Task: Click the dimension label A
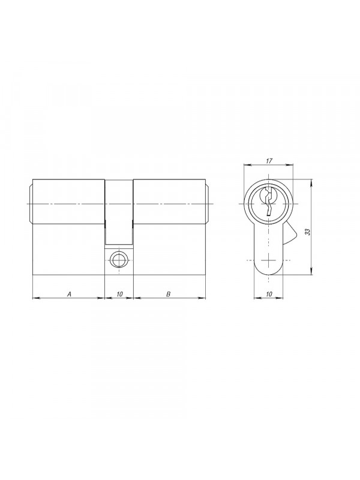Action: [x=69, y=294]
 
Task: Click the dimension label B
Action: [x=168, y=294]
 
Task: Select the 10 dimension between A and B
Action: [x=119, y=294]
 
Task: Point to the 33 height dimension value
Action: [x=308, y=232]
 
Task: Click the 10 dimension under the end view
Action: [x=269, y=294]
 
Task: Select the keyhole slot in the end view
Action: [x=268, y=202]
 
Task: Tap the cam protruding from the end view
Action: [x=290, y=233]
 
